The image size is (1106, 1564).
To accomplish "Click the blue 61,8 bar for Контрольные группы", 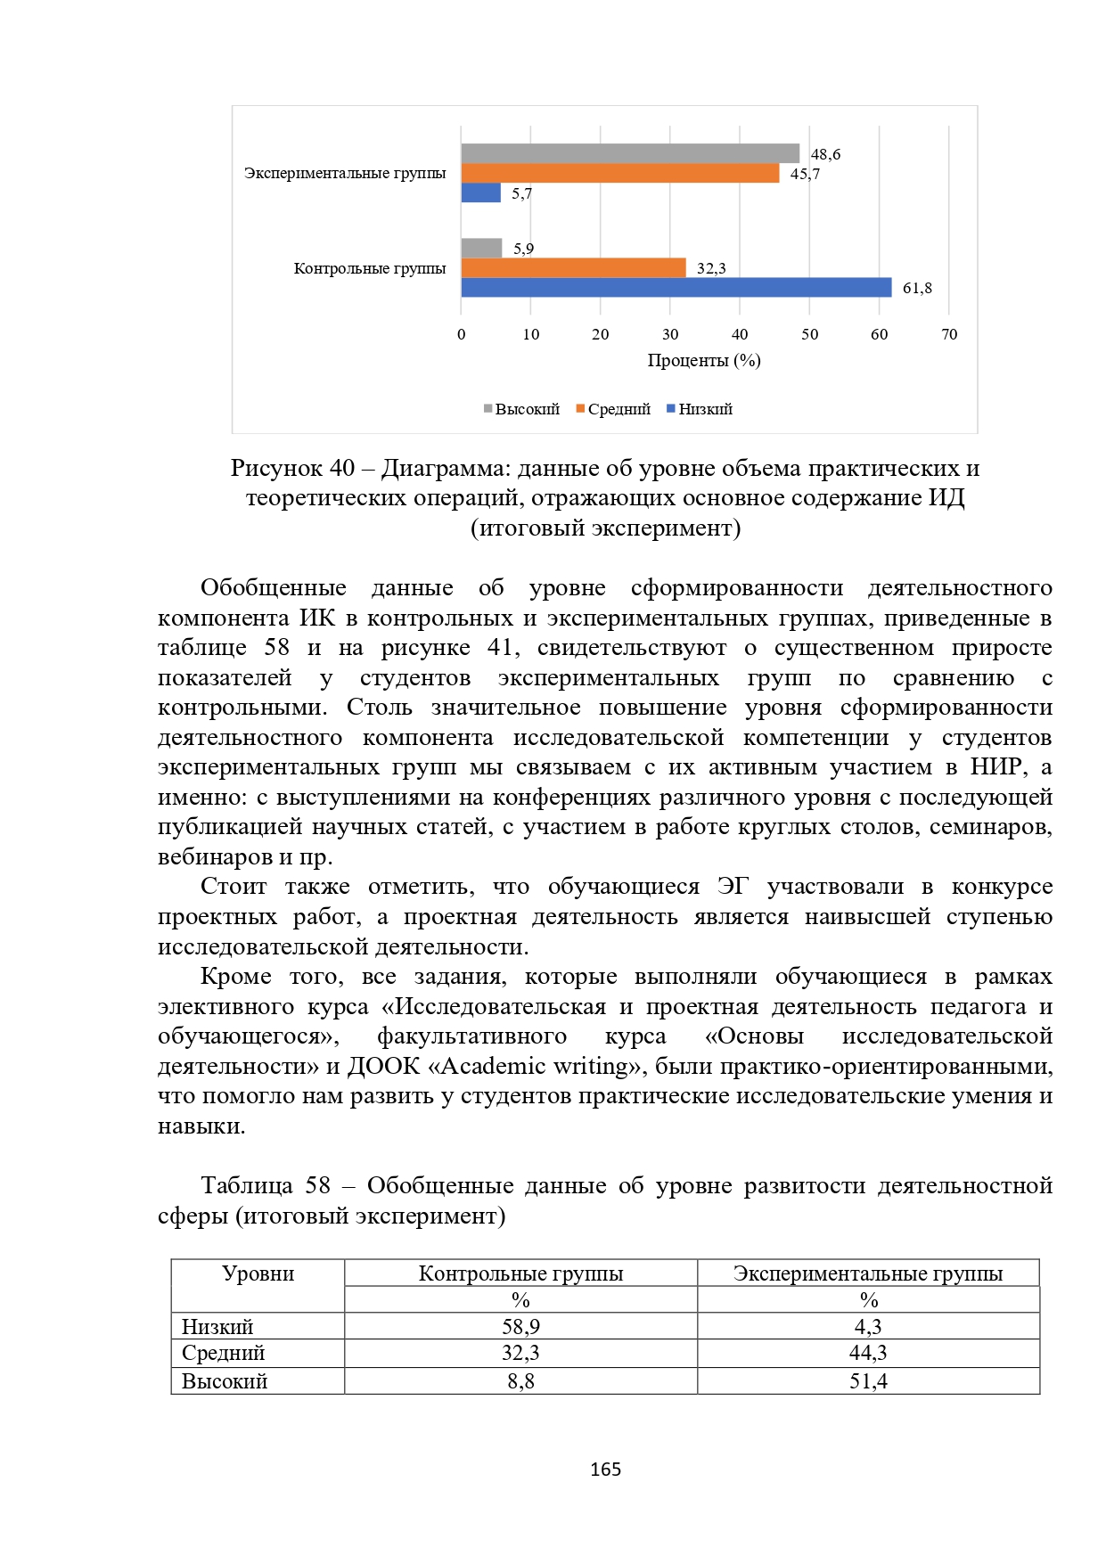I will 676,287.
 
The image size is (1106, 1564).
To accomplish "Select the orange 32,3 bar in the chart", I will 573,267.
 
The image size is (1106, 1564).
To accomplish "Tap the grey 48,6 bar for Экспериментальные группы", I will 629,153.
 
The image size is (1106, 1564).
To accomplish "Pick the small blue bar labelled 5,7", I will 480,192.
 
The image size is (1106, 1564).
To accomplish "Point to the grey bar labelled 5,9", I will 481,248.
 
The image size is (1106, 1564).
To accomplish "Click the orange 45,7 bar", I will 619,173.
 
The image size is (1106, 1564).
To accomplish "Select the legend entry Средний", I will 614,409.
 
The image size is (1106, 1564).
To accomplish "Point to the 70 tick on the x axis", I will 949,334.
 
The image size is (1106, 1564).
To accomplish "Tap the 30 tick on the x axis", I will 670,334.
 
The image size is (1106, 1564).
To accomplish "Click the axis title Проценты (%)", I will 704,360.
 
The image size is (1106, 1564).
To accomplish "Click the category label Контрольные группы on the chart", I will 370,268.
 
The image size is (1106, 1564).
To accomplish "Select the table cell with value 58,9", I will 520,1326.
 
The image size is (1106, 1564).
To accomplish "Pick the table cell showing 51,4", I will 868,1381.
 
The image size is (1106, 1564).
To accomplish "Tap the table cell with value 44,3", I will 868,1353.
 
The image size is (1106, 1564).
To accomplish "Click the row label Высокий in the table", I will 225,1381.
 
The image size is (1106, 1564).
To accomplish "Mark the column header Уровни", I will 258,1273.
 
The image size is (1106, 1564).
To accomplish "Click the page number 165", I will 605,1470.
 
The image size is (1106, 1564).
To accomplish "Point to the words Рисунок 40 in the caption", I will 292,468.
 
